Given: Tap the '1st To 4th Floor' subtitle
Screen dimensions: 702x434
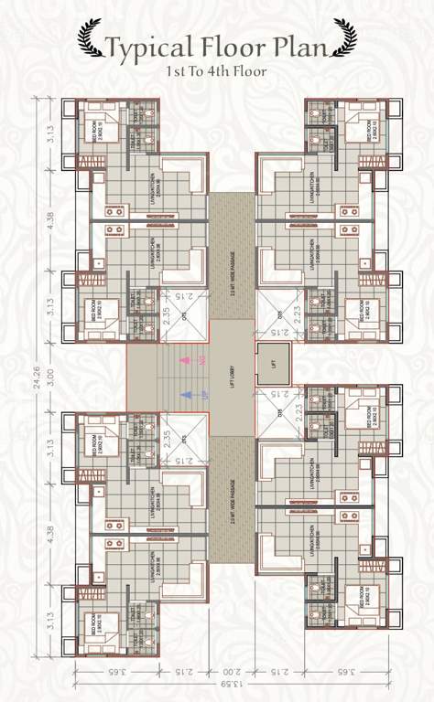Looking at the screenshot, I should (216, 70).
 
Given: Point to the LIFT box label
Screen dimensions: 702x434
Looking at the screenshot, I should (272, 365).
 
